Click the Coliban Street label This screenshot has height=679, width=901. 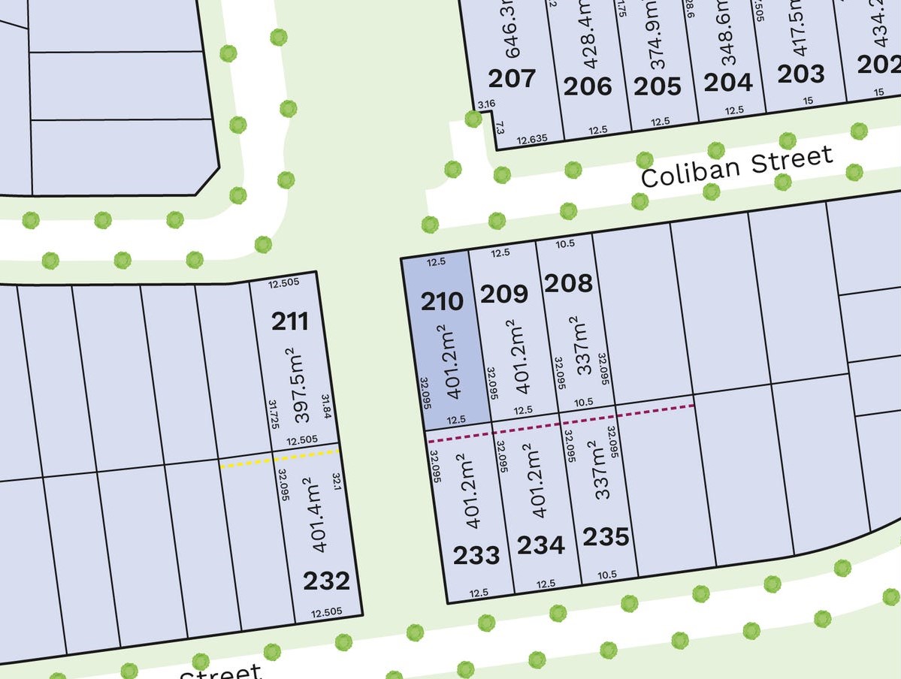(736, 167)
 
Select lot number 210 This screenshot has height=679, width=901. (442, 302)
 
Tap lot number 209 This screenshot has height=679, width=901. (503, 294)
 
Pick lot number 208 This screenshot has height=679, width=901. (568, 283)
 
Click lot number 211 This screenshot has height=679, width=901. (290, 321)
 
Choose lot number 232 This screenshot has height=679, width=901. (326, 581)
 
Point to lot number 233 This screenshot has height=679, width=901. (476, 556)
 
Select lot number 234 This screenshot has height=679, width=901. (540, 545)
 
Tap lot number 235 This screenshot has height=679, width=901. (606, 537)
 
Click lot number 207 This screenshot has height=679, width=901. (512, 78)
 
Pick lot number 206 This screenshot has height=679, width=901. (587, 87)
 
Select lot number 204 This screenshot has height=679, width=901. (727, 82)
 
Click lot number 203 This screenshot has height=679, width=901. (800, 74)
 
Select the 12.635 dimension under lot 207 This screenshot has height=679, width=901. (532, 139)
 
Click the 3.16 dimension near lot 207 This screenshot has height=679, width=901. (486, 104)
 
